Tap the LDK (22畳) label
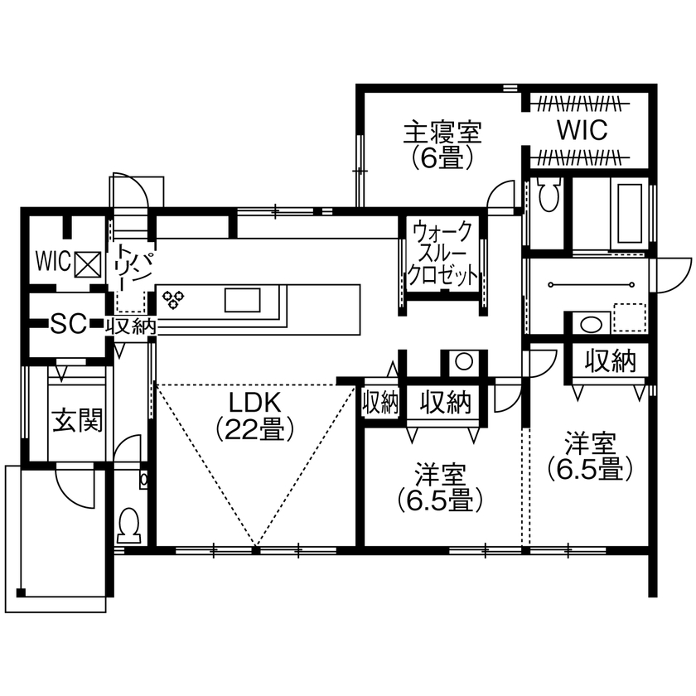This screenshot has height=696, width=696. coord(256,415)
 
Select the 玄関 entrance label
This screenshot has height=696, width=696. coord(78,421)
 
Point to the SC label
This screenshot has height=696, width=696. coord(69,324)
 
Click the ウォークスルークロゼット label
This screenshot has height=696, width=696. coord(443,254)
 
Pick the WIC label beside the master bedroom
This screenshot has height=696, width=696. coord(582,129)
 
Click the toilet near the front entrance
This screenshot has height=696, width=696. coord(129,524)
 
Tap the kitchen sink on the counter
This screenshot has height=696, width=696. coord(243,299)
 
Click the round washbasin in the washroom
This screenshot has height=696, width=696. coord(589,324)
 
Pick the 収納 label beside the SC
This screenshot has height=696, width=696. coord(131,326)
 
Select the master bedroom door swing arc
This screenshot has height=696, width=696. coord(500,196)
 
